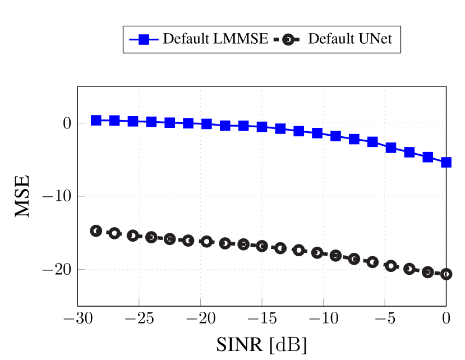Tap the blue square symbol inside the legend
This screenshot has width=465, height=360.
(144, 39)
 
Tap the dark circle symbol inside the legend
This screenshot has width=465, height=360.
(288, 40)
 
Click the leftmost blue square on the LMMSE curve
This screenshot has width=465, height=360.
(96, 121)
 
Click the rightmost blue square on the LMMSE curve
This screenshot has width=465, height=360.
(446, 163)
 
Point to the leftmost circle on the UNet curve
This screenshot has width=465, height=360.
(96, 231)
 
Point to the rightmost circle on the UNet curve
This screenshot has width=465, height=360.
(446, 274)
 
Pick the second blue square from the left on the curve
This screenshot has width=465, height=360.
(114, 121)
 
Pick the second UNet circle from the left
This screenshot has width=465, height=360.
(114, 233)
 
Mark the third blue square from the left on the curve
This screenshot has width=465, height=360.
(133, 121)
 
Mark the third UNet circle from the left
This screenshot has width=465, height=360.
(133, 236)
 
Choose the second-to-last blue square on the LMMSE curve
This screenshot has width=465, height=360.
(428, 157)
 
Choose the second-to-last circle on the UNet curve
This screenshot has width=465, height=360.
(428, 272)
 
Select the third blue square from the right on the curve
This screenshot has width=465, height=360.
(409, 152)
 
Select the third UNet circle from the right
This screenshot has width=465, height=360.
(409, 269)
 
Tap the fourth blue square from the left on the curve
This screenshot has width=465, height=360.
(151, 122)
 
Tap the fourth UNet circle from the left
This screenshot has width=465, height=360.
(151, 237)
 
